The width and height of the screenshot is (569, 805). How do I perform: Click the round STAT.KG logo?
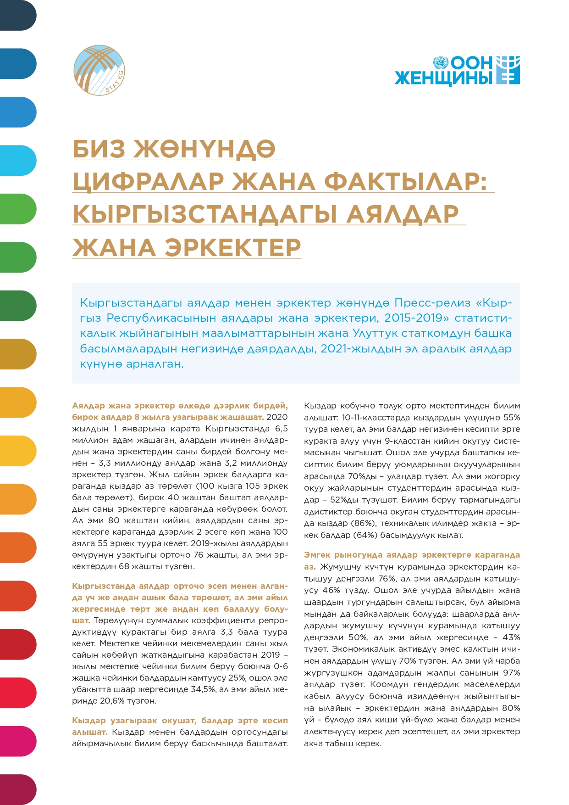coord(99,71)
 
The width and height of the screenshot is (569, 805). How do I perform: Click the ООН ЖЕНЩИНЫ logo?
coord(457,71)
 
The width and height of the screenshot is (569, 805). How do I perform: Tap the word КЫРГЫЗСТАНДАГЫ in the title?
coord(205,214)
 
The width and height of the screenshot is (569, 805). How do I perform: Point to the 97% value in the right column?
coord(511,673)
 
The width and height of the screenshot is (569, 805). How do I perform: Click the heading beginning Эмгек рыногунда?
coord(411,555)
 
